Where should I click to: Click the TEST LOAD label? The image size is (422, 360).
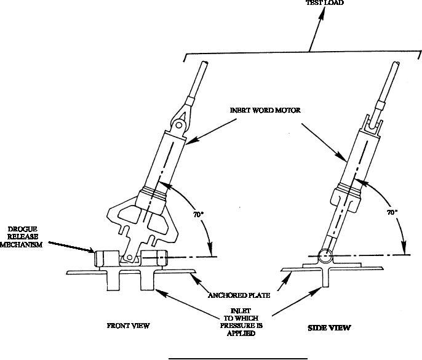click(x=325, y=2)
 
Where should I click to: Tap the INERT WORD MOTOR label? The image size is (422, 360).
click(x=265, y=110)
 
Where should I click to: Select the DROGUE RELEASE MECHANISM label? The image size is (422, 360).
click(x=21, y=237)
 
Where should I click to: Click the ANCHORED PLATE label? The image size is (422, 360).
click(x=239, y=295)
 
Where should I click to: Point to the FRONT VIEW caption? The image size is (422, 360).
click(x=128, y=326)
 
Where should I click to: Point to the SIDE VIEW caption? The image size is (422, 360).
click(x=329, y=327)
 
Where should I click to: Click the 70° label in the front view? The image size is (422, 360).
click(x=198, y=215)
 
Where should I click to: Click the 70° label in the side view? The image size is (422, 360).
click(x=392, y=212)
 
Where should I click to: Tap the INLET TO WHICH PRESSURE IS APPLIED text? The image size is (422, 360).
click(x=241, y=322)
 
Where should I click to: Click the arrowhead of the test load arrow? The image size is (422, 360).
click(x=321, y=16)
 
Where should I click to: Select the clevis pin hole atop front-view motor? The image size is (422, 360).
click(x=178, y=125)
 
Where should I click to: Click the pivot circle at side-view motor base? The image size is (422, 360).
click(x=325, y=255)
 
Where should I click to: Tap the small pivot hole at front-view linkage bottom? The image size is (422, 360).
click(x=129, y=257)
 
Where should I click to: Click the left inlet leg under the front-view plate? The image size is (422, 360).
click(x=113, y=281)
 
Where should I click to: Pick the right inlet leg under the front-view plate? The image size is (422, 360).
click(x=147, y=281)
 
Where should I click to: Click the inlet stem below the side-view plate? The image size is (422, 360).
click(x=325, y=278)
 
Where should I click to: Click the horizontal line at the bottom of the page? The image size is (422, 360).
click(x=238, y=359)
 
